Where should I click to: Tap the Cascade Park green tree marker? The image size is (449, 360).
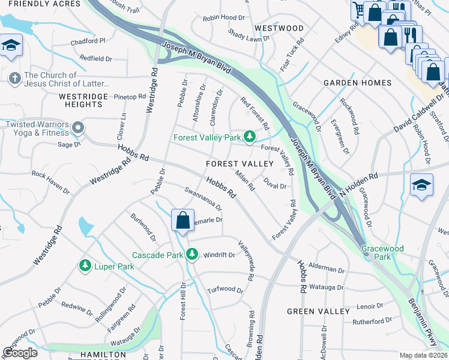(x=192, y=255)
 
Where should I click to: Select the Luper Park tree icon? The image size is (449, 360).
(x=85, y=265)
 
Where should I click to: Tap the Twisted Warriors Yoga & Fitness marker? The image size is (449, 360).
(x=77, y=127)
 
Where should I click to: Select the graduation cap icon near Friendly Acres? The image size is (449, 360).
(x=11, y=46)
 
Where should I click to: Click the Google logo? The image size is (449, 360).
(x=20, y=353)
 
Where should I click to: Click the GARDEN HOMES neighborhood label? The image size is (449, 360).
(x=357, y=83)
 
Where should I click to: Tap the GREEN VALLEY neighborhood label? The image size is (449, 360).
(x=318, y=311)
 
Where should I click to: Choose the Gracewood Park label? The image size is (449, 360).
(x=382, y=253)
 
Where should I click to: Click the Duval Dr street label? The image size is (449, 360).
(x=274, y=186)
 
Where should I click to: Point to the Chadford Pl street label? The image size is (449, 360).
(x=88, y=41)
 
